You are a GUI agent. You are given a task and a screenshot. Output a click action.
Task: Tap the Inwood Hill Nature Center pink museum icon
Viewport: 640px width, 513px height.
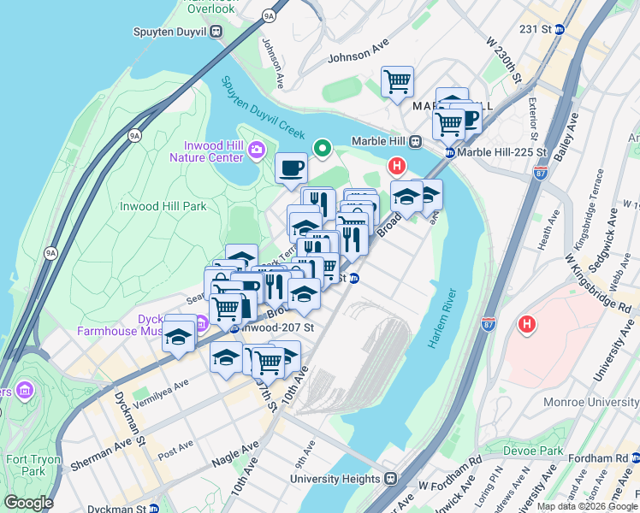coord(256,151)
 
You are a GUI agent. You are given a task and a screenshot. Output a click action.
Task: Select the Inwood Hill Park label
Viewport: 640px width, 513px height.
coord(163,206)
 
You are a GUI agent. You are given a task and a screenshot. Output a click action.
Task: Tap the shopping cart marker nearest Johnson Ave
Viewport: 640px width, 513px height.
coord(397,82)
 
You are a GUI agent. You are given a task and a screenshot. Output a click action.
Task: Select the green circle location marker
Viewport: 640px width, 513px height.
coord(323,149)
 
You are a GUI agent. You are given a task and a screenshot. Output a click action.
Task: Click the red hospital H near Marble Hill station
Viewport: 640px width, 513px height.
coord(396,166)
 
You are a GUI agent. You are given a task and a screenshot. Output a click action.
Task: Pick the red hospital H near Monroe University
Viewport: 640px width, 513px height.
coord(527,326)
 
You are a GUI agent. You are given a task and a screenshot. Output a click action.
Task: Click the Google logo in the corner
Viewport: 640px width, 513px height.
coord(28,503)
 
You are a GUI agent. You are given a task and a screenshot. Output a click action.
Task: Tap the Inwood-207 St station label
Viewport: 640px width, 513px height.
coord(272,327)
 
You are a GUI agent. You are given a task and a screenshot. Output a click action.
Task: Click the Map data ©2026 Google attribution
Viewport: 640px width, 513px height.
coord(587,506)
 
